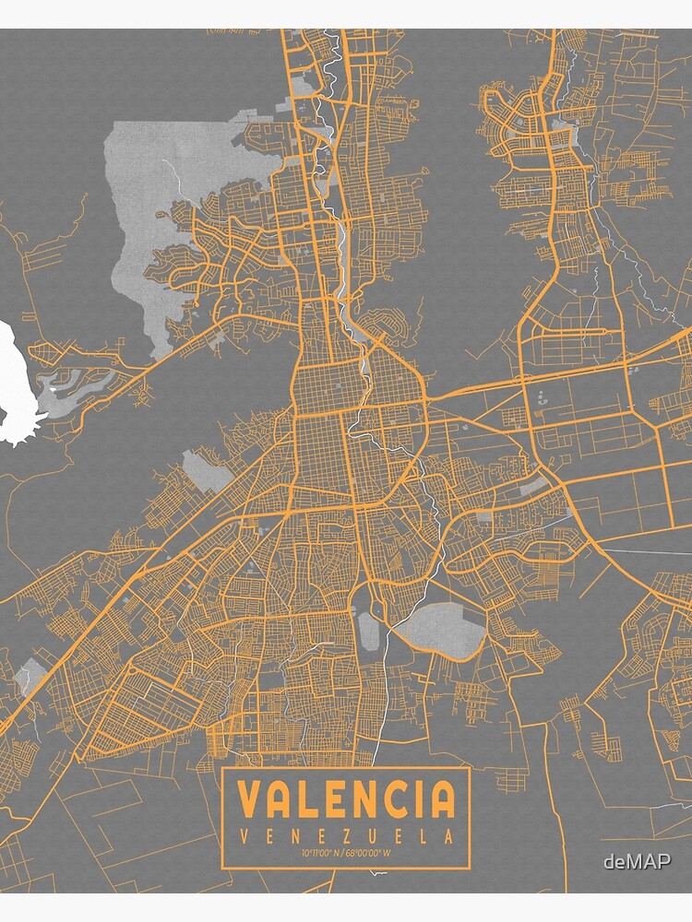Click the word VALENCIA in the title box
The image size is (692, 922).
[x=346, y=798]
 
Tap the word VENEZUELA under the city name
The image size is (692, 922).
[x=346, y=837]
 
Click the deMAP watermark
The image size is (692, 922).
[x=637, y=862]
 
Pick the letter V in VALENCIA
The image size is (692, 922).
[x=249, y=798]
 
